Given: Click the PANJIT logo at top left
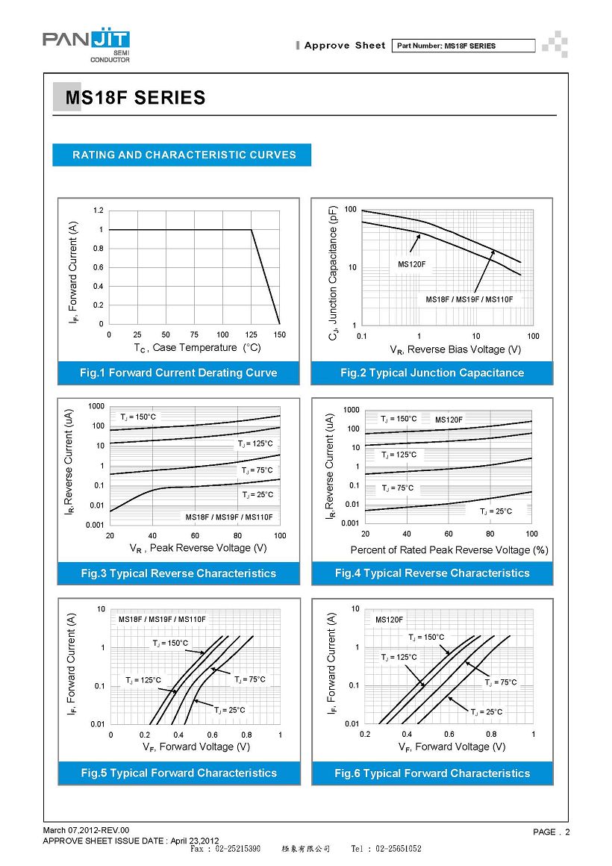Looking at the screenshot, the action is [86, 46].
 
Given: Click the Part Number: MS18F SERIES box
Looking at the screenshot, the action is [463, 46].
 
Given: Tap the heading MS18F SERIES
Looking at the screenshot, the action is [135, 98].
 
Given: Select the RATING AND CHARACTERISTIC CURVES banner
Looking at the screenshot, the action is [181, 155].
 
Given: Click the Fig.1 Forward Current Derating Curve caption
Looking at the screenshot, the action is [178, 373].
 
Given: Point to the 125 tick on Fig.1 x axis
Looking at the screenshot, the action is [252, 334].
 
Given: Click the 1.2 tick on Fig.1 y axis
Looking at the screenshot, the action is [99, 211].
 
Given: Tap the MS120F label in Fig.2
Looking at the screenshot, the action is [411, 264].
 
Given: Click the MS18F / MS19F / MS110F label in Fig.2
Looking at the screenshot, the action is [469, 299].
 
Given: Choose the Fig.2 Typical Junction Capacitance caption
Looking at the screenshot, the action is [432, 373].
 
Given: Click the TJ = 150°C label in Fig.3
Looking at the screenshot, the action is [138, 417].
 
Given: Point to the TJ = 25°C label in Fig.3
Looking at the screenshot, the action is [257, 495].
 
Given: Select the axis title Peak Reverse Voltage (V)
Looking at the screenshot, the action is [208, 548].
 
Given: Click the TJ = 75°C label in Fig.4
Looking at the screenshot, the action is [397, 488].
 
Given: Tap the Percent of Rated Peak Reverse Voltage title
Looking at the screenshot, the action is [449, 550].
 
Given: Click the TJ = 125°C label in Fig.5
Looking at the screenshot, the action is [143, 680].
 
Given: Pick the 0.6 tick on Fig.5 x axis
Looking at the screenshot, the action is [213, 735].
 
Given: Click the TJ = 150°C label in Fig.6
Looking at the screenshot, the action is [426, 638].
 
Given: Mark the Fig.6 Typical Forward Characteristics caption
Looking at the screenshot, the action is [432, 773].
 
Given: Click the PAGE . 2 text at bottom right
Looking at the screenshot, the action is [552, 832].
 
